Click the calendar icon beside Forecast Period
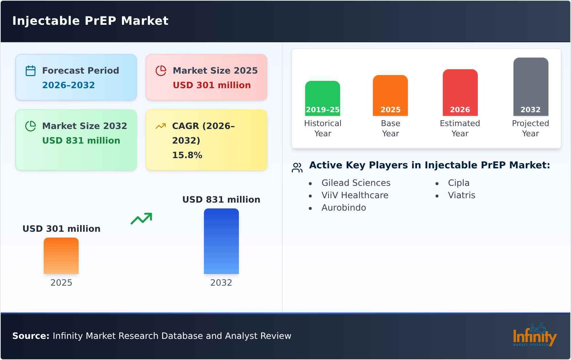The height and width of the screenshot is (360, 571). click(x=31, y=71)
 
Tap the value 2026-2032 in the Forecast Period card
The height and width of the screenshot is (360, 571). click(x=68, y=85)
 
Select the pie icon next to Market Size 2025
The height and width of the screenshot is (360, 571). click(x=161, y=71)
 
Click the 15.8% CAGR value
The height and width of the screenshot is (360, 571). click(x=187, y=155)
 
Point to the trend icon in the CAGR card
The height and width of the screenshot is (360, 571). click(x=161, y=126)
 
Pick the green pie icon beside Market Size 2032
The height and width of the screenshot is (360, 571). click(x=31, y=126)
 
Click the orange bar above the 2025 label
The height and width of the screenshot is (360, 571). click(x=61, y=256)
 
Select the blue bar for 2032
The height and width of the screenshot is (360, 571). click(x=221, y=241)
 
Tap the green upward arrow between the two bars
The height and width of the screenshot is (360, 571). click(x=141, y=218)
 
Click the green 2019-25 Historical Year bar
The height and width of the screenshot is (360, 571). click(x=323, y=98)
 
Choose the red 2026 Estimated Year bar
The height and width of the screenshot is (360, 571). click(x=460, y=93)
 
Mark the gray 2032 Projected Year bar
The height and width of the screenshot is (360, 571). click(x=531, y=87)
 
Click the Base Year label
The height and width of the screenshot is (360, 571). click(x=390, y=128)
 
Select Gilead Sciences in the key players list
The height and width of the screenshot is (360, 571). click(x=356, y=183)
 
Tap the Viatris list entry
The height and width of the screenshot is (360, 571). click(x=461, y=195)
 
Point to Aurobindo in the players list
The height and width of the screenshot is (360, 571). click(x=344, y=208)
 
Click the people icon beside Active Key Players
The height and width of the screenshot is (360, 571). click(x=297, y=168)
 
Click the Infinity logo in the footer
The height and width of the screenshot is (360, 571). click(x=534, y=335)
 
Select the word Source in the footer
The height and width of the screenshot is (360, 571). click(x=31, y=336)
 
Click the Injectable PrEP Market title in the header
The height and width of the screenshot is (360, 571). click(x=90, y=21)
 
